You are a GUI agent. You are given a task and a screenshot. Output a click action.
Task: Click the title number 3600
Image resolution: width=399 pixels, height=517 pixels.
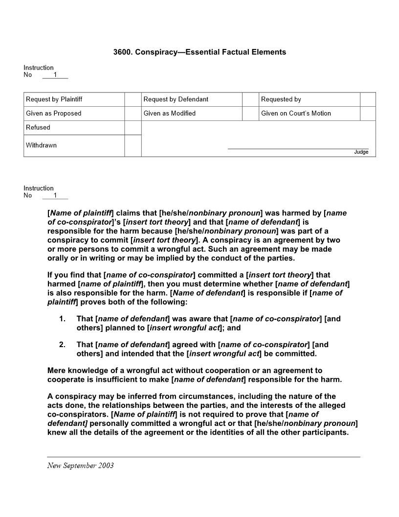[x=122, y=52]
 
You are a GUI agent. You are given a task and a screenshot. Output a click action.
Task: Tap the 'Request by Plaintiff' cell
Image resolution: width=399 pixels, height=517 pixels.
[x=74, y=99]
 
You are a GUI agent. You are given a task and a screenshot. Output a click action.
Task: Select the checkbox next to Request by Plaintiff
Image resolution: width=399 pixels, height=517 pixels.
[x=133, y=99]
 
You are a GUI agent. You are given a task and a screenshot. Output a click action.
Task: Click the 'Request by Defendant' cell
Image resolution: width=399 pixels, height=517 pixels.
[x=191, y=99]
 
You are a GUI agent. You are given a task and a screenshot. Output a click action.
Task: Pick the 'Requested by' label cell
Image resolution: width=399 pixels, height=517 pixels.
[x=309, y=99]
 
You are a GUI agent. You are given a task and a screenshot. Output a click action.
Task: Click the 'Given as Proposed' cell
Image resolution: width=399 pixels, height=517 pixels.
[x=74, y=114]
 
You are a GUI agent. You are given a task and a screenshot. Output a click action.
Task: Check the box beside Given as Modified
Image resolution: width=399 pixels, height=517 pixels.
[x=250, y=114]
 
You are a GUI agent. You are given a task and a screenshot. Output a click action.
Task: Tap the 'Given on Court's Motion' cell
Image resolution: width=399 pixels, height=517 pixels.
[x=309, y=114]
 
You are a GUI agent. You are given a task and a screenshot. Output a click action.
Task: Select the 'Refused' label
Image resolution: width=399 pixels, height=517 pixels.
[x=38, y=127]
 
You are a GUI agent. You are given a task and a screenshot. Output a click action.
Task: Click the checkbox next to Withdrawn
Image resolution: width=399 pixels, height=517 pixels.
[x=133, y=145]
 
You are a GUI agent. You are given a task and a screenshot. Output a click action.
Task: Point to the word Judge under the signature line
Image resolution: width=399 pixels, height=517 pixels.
[x=361, y=152]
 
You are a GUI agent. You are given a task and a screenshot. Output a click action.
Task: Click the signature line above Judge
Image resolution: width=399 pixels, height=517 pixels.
[x=298, y=148]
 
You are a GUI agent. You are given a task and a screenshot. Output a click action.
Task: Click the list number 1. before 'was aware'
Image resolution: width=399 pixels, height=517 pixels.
[x=62, y=319]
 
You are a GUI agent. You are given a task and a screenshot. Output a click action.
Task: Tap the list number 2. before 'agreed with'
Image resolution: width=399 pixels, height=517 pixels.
[x=62, y=345]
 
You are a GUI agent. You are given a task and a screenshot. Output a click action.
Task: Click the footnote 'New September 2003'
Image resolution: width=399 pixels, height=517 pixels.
[x=80, y=466]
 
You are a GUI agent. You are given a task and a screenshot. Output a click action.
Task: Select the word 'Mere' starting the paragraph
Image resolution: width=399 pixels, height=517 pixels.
[x=56, y=371]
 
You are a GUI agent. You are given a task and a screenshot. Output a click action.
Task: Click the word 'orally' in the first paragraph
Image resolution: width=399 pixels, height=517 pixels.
[x=58, y=258]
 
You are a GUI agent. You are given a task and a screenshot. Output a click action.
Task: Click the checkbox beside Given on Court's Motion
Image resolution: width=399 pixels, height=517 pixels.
[x=368, y=114]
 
